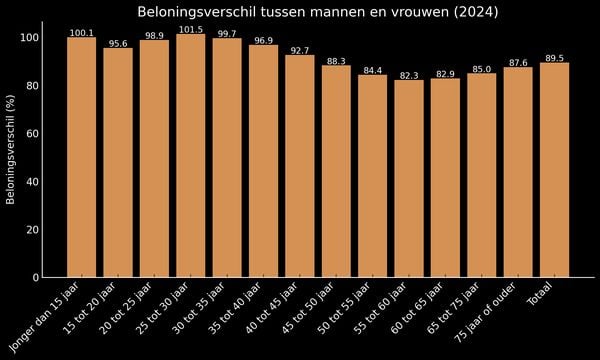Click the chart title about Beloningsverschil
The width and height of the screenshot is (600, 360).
317,12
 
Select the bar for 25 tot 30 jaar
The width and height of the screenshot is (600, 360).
190,156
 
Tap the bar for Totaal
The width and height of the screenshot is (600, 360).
554,170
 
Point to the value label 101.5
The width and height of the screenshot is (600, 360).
190,29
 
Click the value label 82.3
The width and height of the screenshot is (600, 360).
409,75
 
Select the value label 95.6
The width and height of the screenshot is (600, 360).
118,43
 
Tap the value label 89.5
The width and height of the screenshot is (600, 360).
554,58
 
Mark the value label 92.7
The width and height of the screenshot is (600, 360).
299,50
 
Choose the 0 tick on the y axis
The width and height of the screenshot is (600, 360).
35,277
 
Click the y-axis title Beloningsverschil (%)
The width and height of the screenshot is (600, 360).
11,157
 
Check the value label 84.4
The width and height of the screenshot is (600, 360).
372,70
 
